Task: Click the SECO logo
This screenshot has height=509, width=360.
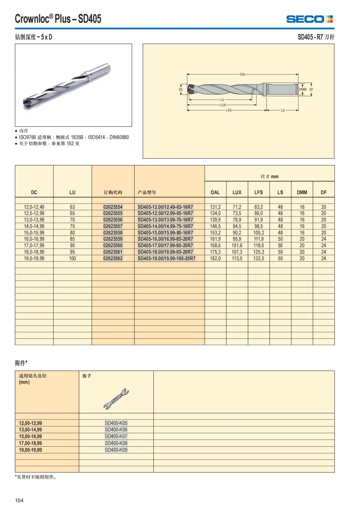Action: click(x=309, y=19)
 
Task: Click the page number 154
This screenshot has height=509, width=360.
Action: click(x=19, y=500)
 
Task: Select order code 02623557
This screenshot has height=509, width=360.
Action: click(x=113, y=226)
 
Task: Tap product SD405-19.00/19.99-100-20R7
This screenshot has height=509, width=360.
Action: click(x=166, y=258)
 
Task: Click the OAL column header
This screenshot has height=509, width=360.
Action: click(x=215, y=192)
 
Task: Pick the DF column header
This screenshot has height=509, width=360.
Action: click(x=323, y=192)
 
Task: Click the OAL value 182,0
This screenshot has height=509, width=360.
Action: click(x=215, y=258)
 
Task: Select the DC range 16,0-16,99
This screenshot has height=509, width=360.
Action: click(x=34, y=239)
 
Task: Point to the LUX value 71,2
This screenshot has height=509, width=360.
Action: click(x=237, y=207)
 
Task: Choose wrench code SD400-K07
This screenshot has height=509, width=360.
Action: click(x=116, y=436)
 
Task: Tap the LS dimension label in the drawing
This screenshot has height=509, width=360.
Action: click(x=283, y=110)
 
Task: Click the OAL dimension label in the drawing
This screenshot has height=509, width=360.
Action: click(x=243, y=74)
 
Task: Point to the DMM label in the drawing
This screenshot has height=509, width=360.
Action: click(x=303, y=89)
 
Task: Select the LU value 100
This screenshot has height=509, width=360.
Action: click(x=72, y=258)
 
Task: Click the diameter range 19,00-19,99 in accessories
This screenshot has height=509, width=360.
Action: click(x=30, y=450)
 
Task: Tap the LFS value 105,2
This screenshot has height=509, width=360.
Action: click(x=258, y=233)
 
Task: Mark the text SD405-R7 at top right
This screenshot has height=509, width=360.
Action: click(x=310, y=37)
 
